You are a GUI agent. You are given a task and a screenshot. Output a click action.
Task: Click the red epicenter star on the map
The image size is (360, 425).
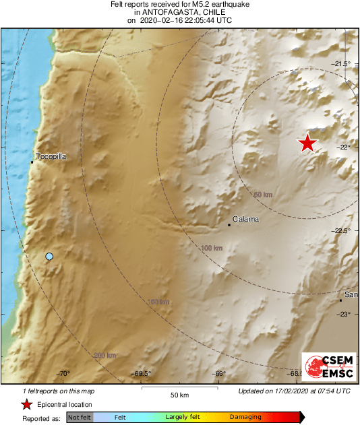point(307,143)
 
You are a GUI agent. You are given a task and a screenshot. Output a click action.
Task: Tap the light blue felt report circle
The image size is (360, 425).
point(49,256)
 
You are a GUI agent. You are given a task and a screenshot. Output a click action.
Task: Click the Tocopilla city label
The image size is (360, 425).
point(50,155)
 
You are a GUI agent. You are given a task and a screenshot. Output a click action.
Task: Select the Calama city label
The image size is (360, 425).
point(245,219)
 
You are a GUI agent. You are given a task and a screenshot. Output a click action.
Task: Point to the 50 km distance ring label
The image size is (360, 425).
point(262,195)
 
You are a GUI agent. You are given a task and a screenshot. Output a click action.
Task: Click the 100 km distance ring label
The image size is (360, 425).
point(211,249)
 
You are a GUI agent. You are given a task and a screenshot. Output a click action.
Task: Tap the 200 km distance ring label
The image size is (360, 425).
point(105,355)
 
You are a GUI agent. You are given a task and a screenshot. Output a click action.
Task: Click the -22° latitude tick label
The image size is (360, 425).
point(344,148)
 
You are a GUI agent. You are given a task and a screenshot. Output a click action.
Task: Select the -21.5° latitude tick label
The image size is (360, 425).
point(342,63)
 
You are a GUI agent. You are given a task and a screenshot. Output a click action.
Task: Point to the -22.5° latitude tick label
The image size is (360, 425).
point(342,231)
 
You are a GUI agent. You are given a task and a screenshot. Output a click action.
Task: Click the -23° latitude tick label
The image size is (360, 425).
point(344,315)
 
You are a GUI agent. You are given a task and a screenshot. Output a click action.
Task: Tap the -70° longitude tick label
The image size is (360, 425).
point(63,373)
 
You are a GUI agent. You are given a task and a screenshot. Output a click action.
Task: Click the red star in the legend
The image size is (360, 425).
point(26,405)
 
